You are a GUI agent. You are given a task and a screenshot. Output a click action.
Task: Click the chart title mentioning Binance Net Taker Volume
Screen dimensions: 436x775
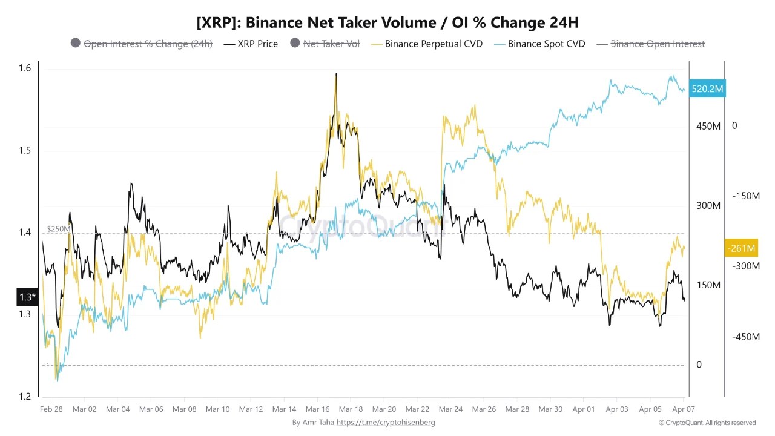[387, 22]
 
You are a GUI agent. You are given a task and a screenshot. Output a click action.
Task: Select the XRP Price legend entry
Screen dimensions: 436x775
[251, 44]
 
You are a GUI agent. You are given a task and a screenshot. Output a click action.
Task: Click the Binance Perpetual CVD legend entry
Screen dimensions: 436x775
[427, 44]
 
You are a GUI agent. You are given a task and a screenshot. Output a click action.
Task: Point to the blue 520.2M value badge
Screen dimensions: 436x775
[707, 89]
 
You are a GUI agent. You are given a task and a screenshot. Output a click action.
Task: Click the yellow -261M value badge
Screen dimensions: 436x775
[740, 248]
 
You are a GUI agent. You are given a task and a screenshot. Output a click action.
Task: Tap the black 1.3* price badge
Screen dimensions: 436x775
[27, 297]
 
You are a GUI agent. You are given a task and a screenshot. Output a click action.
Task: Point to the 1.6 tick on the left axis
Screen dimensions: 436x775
[25, 68]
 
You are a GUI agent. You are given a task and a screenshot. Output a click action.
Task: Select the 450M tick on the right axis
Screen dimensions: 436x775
[708, 126]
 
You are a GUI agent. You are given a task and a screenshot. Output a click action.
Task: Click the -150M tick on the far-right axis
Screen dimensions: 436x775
[745, 196]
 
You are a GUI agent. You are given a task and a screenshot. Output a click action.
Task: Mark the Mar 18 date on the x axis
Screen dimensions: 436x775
[351, 409]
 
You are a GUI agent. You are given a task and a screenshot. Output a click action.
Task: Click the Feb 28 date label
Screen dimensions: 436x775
[51, 409]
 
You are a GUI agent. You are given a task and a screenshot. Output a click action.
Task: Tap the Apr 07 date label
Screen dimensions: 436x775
[684, 409]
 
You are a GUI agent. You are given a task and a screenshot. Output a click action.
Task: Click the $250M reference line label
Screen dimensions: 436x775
[58, 229]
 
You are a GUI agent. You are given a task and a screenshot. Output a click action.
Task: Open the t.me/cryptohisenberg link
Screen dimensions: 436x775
[386, 423]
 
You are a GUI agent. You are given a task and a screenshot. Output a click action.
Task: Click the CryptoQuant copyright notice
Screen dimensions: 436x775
[707, 423]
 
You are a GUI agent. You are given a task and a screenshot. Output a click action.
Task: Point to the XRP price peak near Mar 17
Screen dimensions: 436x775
[335, 75]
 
